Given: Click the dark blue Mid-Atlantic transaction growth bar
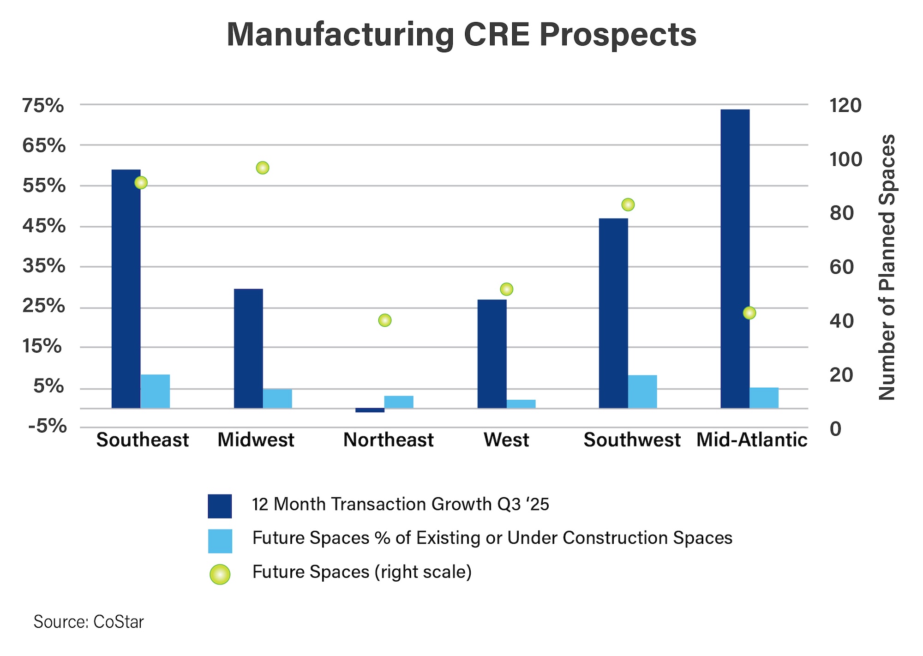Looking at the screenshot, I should pyautogui.click(x=735, y=259).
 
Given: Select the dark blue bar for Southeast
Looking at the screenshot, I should pyautogui.click(x=126, y=289).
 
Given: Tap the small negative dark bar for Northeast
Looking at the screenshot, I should pyautogui.click(x=370, y=410).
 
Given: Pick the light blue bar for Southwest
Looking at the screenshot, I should pyautogui.click(x=642, y=391).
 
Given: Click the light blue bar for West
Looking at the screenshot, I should pyautogui.click(x=521, y=404).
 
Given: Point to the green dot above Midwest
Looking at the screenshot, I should pyautogui.click(x=263, y=168).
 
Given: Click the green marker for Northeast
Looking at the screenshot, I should pyautogui.click(x=385, y=320).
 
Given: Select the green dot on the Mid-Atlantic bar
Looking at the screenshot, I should pyautogui.click(x=749, y=313).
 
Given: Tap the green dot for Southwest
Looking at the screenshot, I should pyautogui.click(x=628, y=205).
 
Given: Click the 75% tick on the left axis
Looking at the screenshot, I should pyautogui.click(x=43, y=106).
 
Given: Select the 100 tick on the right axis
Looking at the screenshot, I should pyautogui.click(x=845, y=159).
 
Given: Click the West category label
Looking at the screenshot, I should pyautogui.click(x=506, y=440).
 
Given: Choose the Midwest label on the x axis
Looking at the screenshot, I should pyautogui.click(x=256, y=440).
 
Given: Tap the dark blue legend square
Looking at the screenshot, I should pyautogui.click(x=220, y=506).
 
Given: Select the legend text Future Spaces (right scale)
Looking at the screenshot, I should pyautogui.click(x=362, y=572).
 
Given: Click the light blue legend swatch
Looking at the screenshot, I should pyautogui.click(x=220, y=541).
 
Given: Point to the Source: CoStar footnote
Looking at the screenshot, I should pyautogui.click(x=89, y=622).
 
